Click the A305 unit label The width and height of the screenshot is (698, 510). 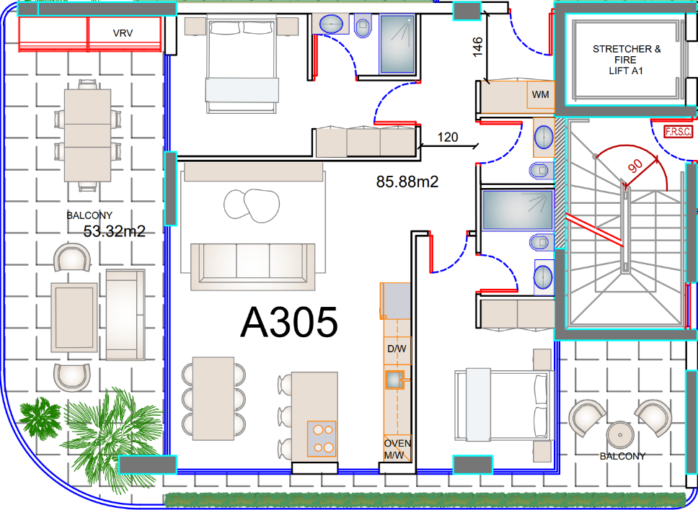pyautogui.click(x=289, y=323)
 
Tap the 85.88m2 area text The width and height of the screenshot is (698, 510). pyautogui.click(x=407, y=182)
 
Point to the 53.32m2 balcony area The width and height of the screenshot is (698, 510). pyautogui.click(x=115, y=231)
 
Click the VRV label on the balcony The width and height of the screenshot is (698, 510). pyautogui.click(x=123, y=33)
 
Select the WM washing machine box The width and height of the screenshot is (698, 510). pyautogui.click(x=540, y=94)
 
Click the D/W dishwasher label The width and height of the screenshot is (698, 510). pyautogui.click(x=397, y=349)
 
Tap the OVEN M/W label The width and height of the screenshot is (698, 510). pyautogui.click(x=397, y=449)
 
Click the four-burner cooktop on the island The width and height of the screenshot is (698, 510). pyautogui.click(x=322, y=439)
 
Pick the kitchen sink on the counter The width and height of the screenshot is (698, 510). pyautogui.click(x=394, y=380)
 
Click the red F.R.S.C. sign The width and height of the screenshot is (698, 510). pyautogui.click(x=679, y=132)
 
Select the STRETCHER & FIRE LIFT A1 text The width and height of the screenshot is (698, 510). pyautogui.click(x=627, y=60)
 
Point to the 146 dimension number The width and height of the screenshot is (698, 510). pyautogui.click(x=477, y=47)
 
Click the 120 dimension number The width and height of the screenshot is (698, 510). pyautogui.click(x=447, y=137)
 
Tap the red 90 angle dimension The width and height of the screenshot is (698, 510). pyautogui.click(x=636, y=166)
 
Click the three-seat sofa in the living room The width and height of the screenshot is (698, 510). pyautogui.click(x=253, y=267)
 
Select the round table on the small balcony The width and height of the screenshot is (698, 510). pyautogui.click(x=620, y=434)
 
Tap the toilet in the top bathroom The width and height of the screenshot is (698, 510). pyautogui.click(x=363, y=25)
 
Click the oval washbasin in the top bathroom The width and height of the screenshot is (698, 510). pyautogui.click(x=331, y=24)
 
